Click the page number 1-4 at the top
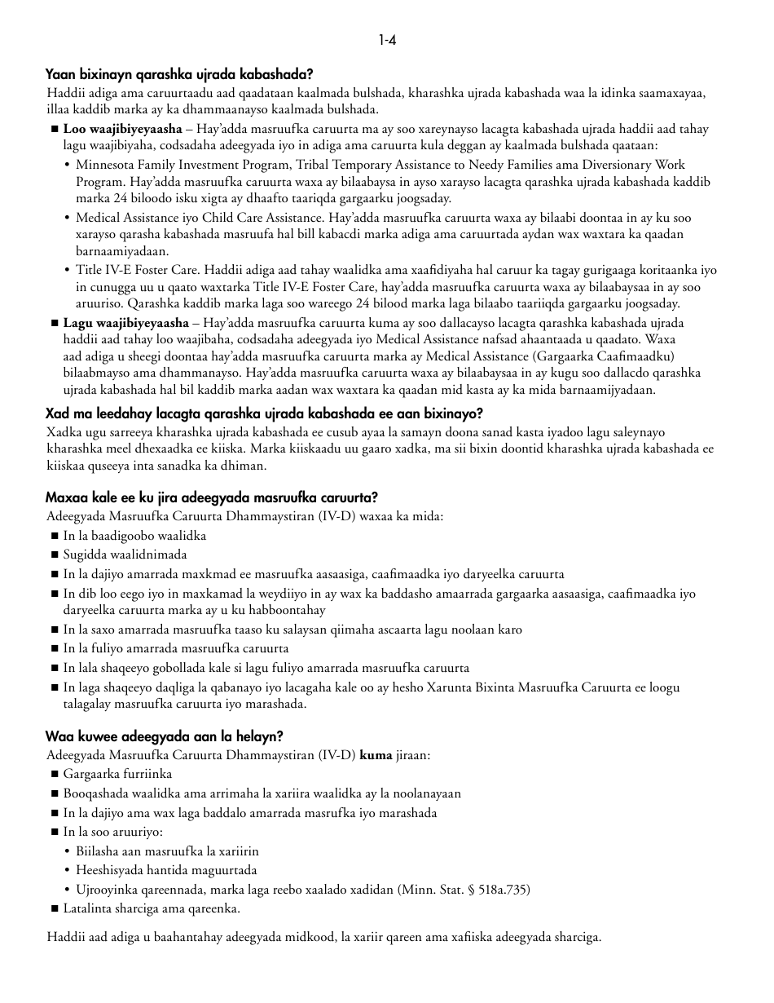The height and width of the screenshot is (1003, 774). coord(387,40)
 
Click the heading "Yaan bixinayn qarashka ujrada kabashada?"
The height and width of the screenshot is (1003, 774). coord(179,74)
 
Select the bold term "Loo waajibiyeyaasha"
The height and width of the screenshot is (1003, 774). coord(122,129)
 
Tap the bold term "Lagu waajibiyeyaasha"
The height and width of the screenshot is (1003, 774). coord(125,323)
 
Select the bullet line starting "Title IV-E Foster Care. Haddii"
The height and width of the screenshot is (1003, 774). coord(396,270)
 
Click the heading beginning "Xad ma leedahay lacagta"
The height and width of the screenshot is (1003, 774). coord(264,413)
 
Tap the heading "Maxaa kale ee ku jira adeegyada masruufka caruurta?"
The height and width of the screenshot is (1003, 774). coord(211,497)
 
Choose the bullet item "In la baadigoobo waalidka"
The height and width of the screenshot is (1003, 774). coord(134,536)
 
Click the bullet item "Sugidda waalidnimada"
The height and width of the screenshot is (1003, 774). coord(125,555)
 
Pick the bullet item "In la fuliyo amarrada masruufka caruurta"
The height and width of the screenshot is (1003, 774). coord(176,648)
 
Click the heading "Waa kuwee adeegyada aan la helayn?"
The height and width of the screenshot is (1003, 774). coord(164,736)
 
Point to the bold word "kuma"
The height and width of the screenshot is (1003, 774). coord(376,755)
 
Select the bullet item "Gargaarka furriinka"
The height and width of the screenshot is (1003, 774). coord(117,774)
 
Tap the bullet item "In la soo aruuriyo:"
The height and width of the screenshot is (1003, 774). coord(112,832)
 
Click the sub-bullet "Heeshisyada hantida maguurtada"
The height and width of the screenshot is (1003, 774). coord(166,870)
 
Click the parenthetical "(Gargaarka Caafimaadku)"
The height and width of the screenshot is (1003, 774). coord(604,356)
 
